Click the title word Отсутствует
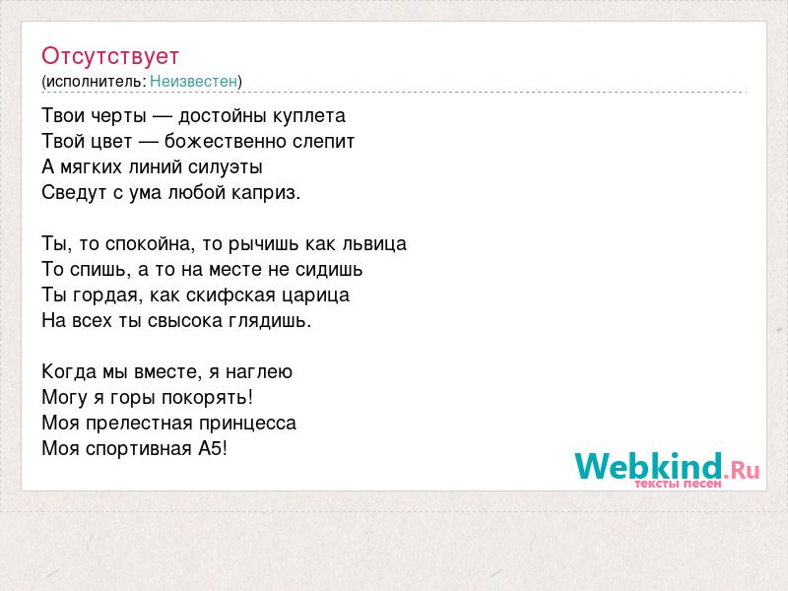coord(110,56)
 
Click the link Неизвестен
coord(193,81)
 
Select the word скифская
coord(230,295)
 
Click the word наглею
coord(258,372)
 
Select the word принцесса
coord(247,424)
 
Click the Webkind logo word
coord(648,466)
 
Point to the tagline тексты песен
coord(678,484)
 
